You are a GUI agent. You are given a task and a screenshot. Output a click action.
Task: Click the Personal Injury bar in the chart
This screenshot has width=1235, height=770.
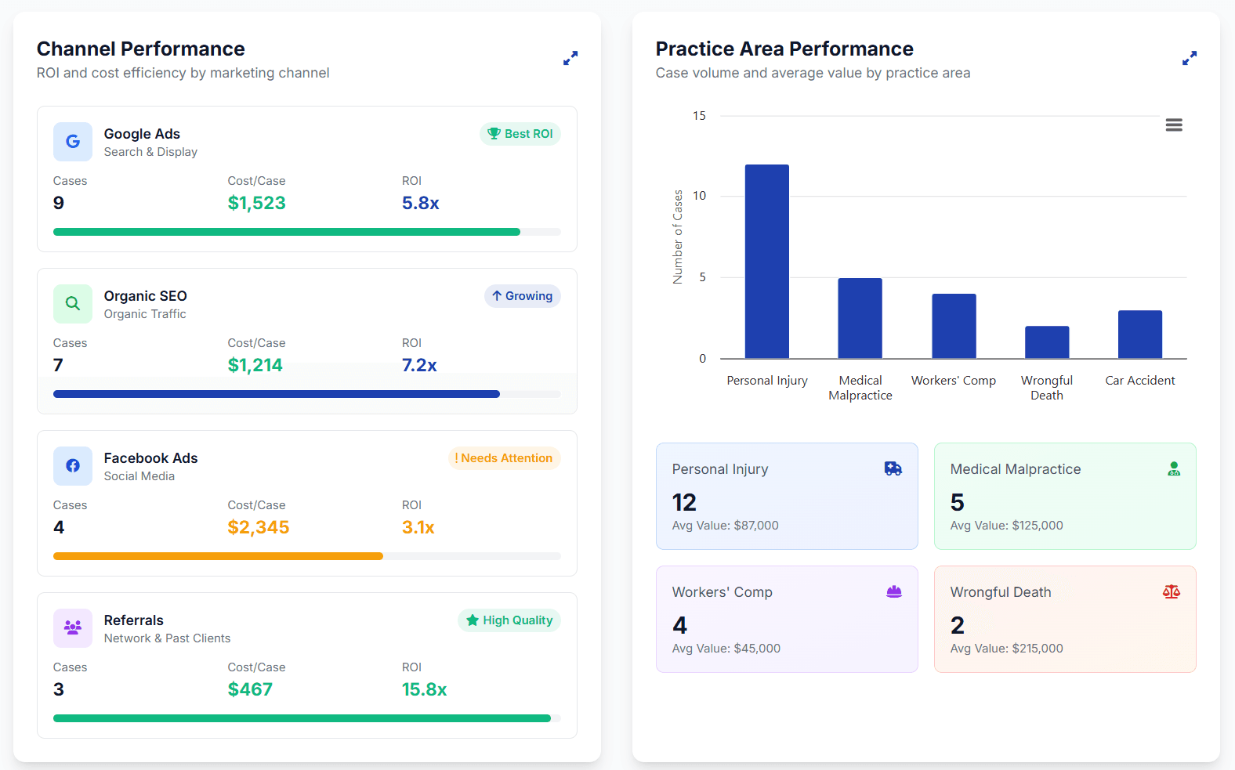[x=766, y=262]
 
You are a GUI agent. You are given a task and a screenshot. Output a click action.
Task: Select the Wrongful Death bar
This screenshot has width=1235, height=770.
[x=1046, y=342]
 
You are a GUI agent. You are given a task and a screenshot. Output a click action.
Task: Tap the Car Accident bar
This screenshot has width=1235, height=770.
[x=1139, y=334]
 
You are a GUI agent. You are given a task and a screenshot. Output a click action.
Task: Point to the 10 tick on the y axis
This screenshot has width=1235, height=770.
[x=699, y=196]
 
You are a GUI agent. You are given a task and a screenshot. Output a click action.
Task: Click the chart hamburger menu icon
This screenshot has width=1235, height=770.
[x=1174, y=125]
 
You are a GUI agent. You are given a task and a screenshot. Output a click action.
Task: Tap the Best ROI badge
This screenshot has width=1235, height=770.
[x=520, y=134]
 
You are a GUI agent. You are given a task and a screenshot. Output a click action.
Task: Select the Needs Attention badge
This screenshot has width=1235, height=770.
[x=504, y=458]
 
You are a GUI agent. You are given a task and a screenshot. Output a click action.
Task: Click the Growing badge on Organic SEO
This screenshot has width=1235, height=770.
[x=522, y=296]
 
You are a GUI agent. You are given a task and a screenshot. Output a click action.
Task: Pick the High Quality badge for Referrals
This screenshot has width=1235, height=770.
[x=509, y=620]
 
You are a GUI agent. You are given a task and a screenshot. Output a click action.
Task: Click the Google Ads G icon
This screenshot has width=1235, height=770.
[x=73, y=142]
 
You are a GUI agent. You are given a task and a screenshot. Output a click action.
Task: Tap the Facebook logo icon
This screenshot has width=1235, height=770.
[x=73, y=466]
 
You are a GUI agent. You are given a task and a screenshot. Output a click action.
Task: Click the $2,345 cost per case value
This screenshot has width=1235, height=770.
[x=258, y=527]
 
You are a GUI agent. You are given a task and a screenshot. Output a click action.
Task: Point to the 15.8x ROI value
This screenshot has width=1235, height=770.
[x=424, y=689]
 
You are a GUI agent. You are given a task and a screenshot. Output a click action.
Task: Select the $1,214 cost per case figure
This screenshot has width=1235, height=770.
[x=255, y=365]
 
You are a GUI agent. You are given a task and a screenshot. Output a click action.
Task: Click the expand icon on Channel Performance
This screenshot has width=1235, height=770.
[x=570, y=58]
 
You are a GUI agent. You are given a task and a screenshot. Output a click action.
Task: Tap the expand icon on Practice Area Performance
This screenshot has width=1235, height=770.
[x=1190, y=58]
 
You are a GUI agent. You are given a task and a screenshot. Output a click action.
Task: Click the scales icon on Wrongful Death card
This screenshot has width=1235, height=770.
[x=1171, y=592]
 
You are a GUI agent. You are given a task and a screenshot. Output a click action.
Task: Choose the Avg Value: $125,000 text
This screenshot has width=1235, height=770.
[x=1006, y=526]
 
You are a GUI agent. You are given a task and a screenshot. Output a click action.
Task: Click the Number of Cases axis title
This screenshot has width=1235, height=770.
[x=678, y=237]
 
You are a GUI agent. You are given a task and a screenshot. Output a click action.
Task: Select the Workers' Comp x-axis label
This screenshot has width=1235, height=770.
[x=953, y=381]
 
